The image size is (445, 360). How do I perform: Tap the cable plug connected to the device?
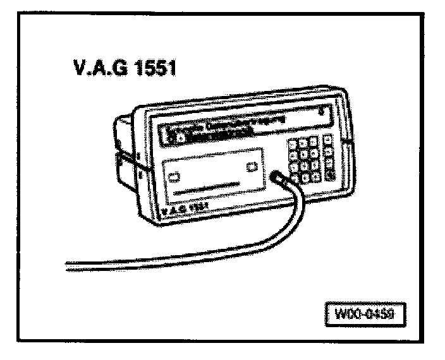(278, 178)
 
